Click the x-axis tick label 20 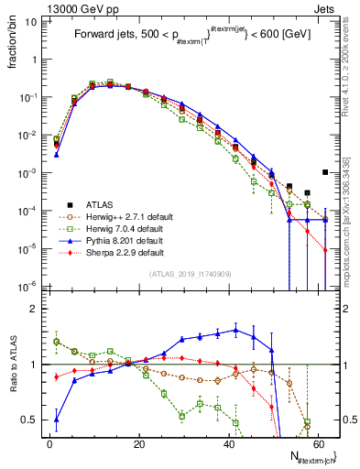(139, 442)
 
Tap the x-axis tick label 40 (229, 442)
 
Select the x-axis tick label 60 (318, 442)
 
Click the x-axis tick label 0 (49, 442)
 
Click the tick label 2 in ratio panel (35, 309)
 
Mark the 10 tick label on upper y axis (31, 20)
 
